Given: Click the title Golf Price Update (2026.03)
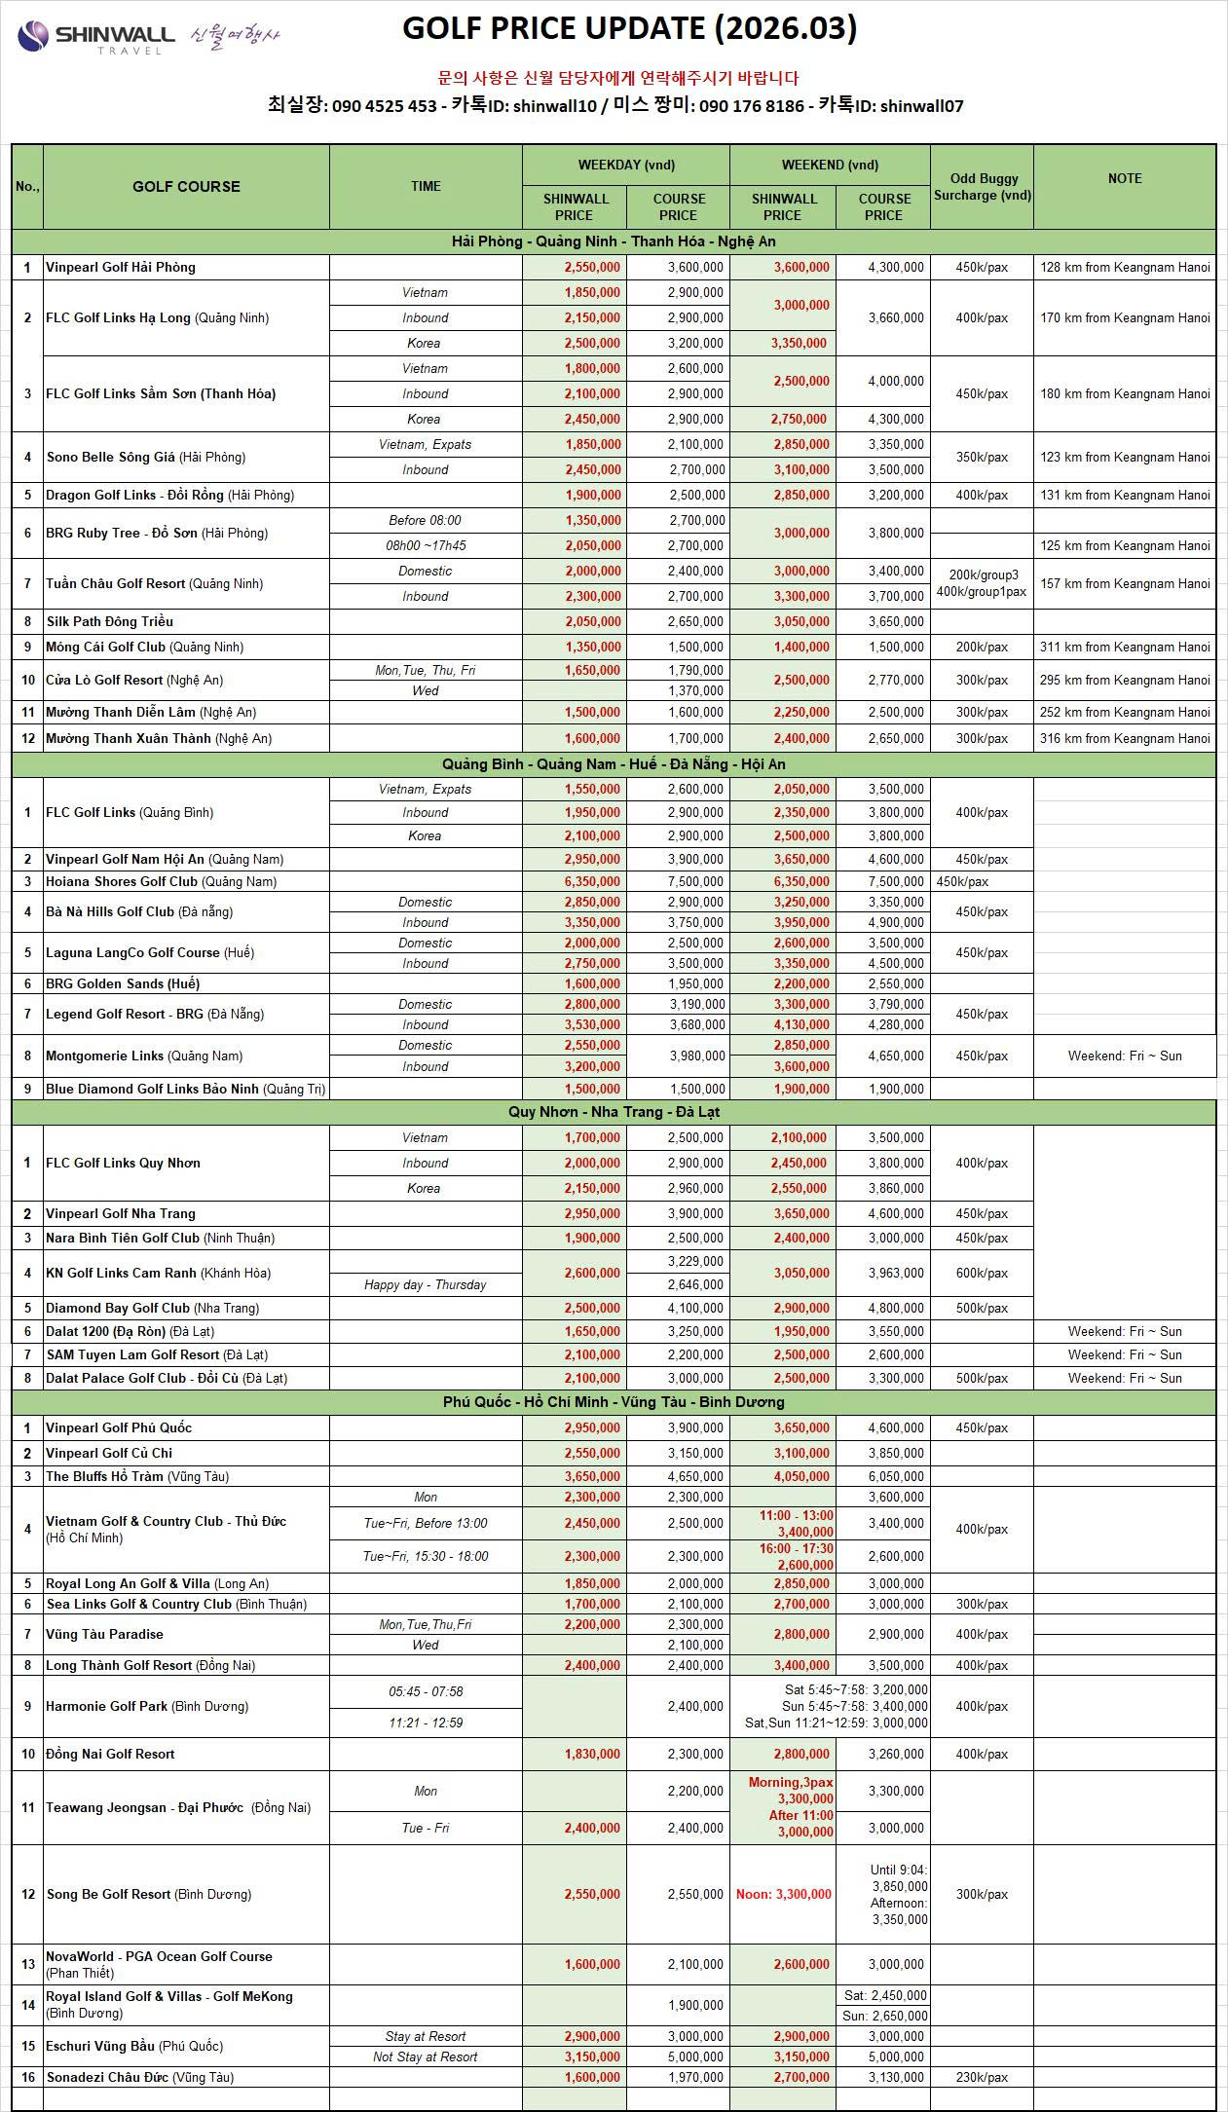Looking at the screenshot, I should (x=629, y=29).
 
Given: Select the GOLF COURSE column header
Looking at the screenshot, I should (x=186, y=186).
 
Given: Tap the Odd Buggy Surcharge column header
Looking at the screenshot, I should (x=982, y=186).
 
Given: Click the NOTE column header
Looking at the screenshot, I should (x=1124, y=178).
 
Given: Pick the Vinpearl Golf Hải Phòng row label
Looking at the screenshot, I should (x=121, y=267).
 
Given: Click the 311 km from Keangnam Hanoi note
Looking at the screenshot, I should (x=1124, y=647).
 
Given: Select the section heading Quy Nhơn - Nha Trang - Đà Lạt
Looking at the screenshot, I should (x=614, y=1112).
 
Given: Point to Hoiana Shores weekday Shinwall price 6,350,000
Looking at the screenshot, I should (x=592, y=881).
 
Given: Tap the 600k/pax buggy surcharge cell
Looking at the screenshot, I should (x=982, y=1273).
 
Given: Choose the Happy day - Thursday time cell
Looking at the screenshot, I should (x=425, y=1284).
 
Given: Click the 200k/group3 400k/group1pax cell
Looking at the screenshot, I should (x=982, y=583).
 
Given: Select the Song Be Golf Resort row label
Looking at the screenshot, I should (x=148, y=1894).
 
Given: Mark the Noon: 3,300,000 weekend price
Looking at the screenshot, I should (x=783, y=1894).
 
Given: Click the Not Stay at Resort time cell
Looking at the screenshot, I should (x=425, y=2056).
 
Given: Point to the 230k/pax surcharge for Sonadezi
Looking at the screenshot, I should (x=982, y=2077).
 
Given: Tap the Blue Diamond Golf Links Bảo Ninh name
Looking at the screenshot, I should (x=185, y=1089).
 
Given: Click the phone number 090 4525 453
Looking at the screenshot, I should (x=384, y=106).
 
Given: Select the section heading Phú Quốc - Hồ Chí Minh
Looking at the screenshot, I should (x=614, y=1402).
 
